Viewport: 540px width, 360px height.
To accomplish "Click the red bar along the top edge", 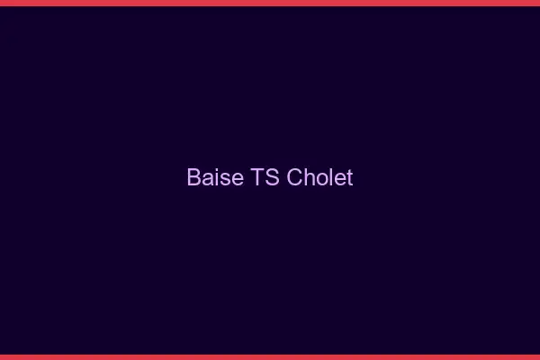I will click(x=270, y=3).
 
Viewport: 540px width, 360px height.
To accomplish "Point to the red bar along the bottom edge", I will click(x=270, y=357).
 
